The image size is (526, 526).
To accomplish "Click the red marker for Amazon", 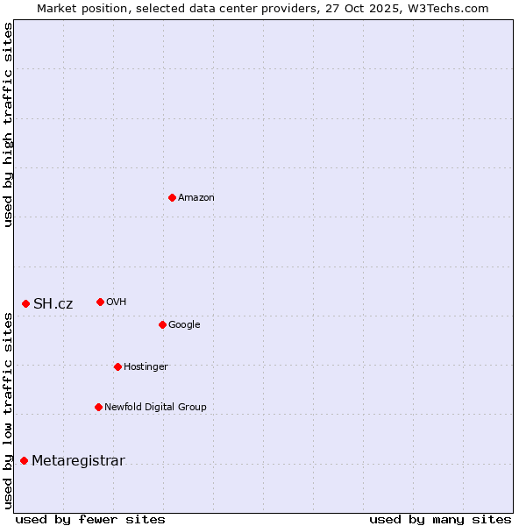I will [x=172, y=197].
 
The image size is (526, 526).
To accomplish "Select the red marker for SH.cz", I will [x=25, y=303].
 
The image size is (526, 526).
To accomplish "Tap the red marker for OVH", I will [x=100, y=302].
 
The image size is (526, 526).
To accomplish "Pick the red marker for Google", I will [x=162, y=324].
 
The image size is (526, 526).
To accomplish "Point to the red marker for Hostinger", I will [x=117, y=366].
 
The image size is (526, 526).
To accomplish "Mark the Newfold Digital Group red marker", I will [x=98, y=407].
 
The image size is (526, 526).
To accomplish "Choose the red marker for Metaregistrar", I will [x=24, y=460].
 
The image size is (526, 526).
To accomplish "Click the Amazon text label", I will [x=196, y=197].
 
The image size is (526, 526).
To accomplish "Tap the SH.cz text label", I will [x=53, y=303].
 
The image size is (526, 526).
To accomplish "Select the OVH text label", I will [x=117, y=302].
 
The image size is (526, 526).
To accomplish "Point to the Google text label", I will [x=184, y=324].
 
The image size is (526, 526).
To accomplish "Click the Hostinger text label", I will [x=146, y=366].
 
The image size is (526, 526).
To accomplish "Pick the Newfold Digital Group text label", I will [x=155, y=407].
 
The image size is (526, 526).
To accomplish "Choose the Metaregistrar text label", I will [x=78, y=460].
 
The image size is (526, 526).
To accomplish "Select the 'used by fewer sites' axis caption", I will [x=90, y=519].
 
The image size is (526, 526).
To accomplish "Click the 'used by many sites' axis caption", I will [x=440, y=519].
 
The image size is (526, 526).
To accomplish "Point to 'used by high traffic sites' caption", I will [x=8, y=124].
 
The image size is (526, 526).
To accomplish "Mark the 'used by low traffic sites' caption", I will [x=8, y=410].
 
